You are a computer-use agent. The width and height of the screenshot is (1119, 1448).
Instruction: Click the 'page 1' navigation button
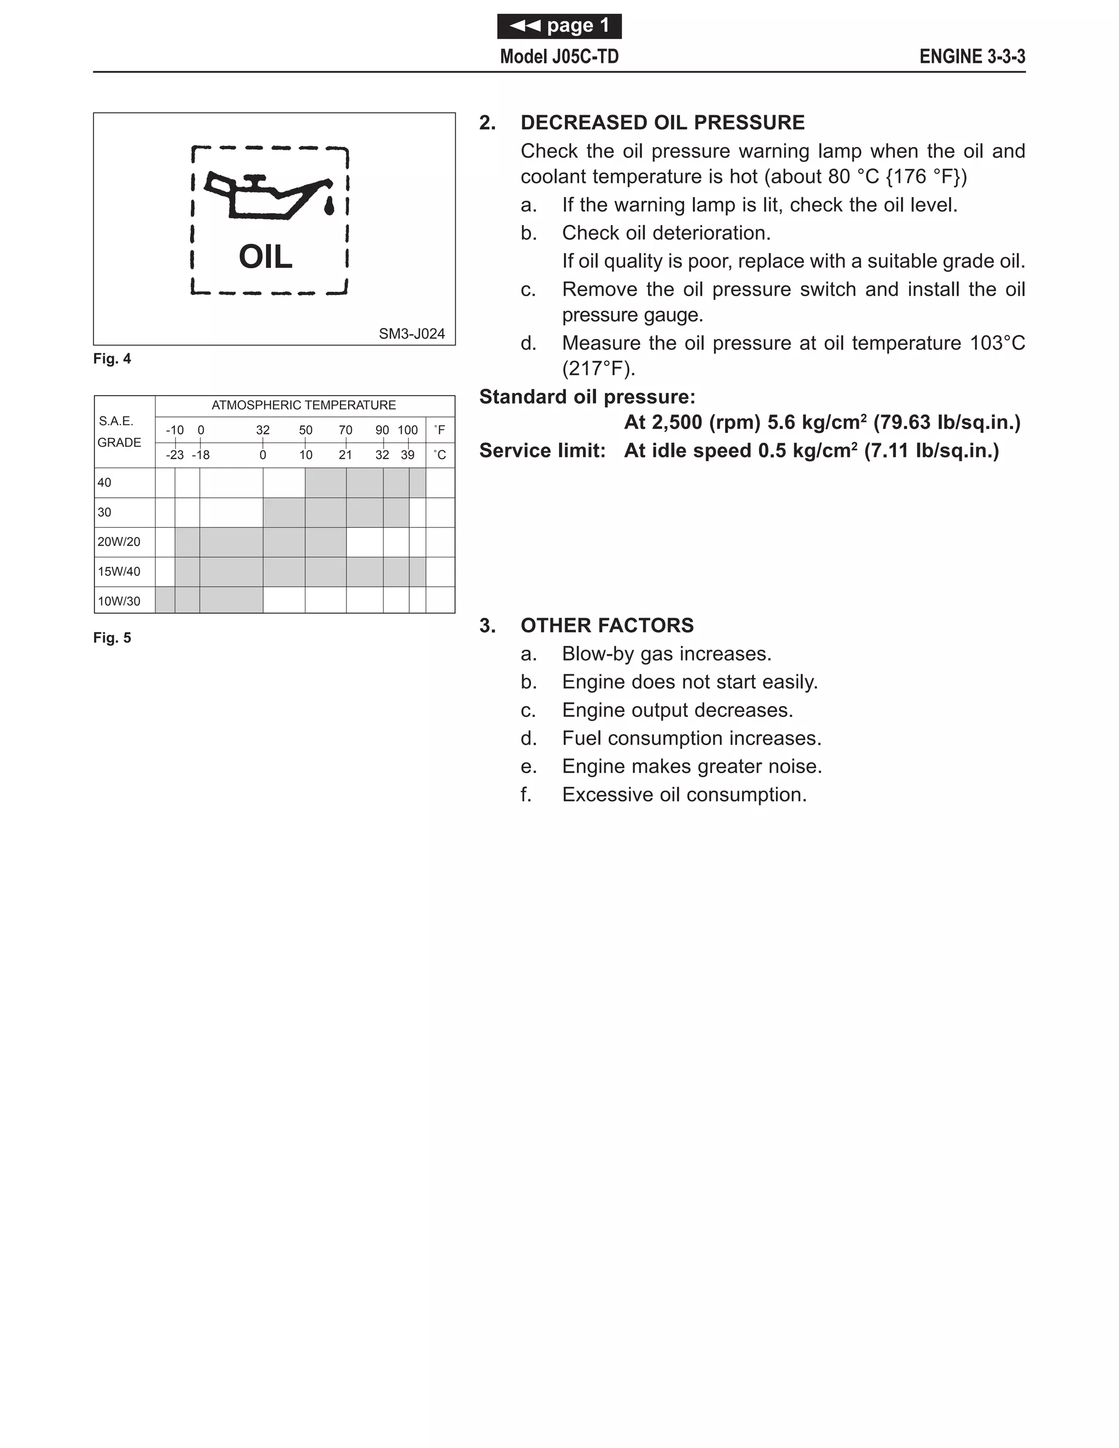[x=559, y=26]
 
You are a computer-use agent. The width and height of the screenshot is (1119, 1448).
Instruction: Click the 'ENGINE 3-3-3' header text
[x=972, y=56]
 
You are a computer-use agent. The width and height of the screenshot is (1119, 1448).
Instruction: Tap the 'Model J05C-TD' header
[x=559, y=56]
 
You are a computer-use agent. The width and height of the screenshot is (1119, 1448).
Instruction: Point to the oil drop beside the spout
[x=328, y=206]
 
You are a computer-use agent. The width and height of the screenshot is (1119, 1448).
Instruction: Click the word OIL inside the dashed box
[x=265, y=257]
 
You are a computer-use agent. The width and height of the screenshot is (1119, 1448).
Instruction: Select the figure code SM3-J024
[x=411, y=333]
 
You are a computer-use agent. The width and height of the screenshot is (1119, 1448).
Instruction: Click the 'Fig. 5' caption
[x=112, y=638]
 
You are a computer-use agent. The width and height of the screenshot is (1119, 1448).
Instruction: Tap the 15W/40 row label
[x=119, y=572]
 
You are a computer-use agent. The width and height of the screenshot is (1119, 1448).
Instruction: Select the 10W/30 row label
[x=119, y=602]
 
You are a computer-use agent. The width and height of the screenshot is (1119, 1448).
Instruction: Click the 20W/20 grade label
[x=119, y=541]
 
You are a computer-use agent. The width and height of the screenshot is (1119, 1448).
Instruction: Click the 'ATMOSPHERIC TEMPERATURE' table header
[x=304, y=405]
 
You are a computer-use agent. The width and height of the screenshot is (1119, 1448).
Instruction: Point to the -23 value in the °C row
[x=174, y=455]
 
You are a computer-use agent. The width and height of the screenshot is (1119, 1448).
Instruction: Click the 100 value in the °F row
[x=408, y=430]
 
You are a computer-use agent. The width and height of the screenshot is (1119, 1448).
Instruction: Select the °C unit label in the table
[x=439, y=455]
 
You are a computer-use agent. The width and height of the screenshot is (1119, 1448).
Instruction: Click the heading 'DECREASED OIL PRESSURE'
[x=662, y=122]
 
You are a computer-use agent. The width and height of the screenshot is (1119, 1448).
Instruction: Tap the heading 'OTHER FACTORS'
[x=607, y=625]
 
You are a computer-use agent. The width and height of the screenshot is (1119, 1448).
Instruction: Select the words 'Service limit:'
[x=542, y=451]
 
